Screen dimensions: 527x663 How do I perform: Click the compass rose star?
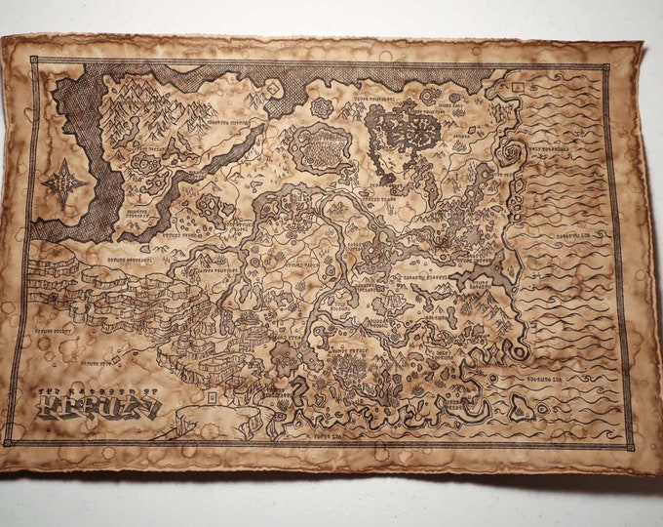[63, 182]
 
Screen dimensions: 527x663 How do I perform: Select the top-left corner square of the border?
[34, 61]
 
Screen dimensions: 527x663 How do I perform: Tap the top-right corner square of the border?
[605, 68]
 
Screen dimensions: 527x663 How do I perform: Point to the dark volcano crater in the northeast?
[407, 128]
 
